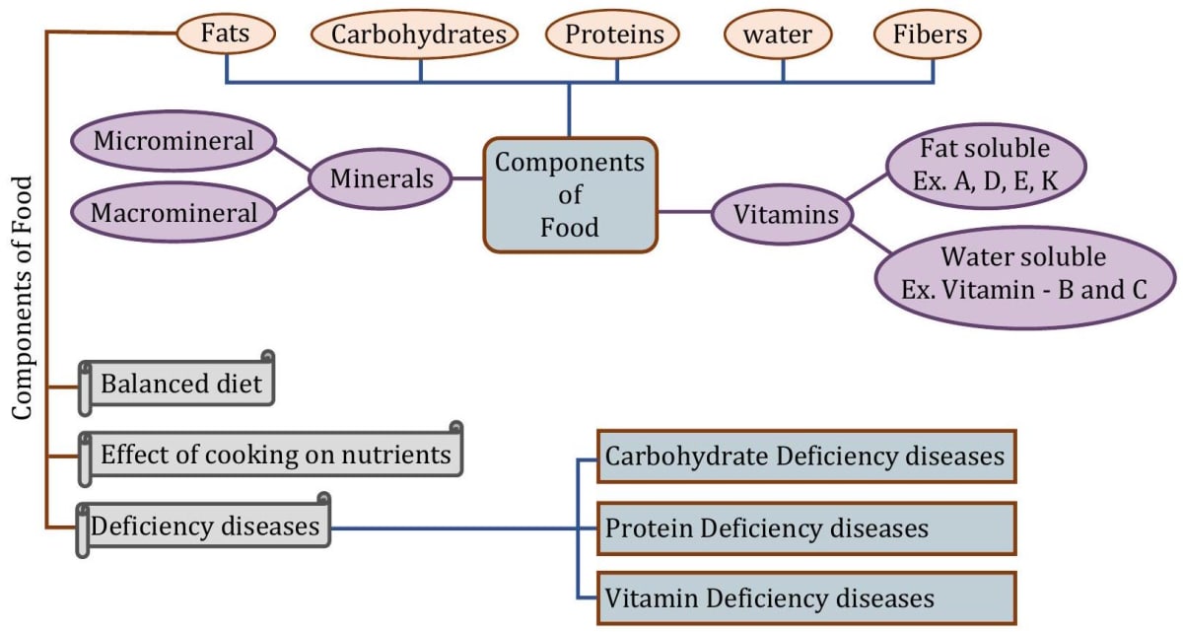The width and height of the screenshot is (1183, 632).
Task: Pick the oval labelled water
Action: [x=778, y=35]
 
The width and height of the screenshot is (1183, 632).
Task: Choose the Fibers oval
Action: [x=928, y=35]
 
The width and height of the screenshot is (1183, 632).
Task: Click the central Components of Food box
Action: [x=570, y=195]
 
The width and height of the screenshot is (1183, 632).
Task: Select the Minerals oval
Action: [x=381, y=179]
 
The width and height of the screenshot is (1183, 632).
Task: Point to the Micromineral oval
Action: [x=174, y=141]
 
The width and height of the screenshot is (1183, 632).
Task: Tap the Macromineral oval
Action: [x=174, y=212]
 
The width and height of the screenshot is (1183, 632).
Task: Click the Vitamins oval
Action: [x=779, y=214]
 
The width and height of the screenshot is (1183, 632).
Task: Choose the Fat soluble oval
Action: [x=985, y=167]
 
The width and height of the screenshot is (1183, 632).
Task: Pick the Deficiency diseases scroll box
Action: [x=205, y=527]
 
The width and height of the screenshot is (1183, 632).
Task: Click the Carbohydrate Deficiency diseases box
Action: [x=805, y=456]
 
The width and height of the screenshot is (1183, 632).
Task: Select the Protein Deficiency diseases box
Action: [x=805, y=528]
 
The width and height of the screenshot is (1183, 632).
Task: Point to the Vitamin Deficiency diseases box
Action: [x=805, y=598]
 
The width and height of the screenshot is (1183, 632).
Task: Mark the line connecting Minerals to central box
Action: [x=467, y=179]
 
